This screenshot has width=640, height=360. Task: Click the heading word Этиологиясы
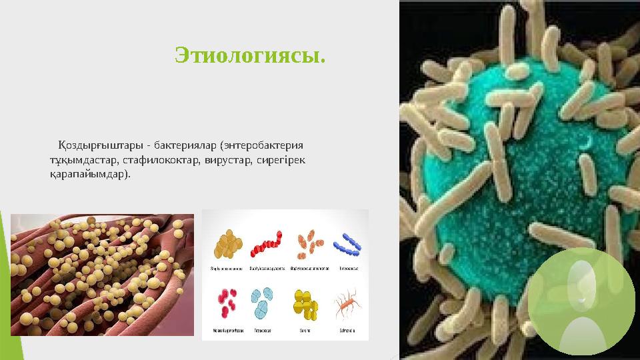click(x=250, y=55)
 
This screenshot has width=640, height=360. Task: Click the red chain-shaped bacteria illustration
click(x=265, y=244)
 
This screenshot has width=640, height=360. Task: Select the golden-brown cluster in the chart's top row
click(x=227, y=244)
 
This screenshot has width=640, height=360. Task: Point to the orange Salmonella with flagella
click(x=348, y=303)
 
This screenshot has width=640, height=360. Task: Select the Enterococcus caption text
click(x=349, y=269)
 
